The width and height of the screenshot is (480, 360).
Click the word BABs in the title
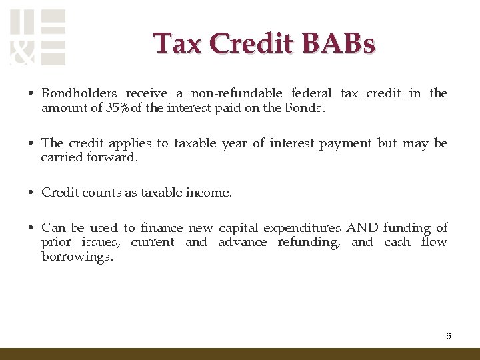pyautogui.click(x=339, y=43)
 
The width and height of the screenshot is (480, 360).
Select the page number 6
pyautogui.click(x=449, y=336)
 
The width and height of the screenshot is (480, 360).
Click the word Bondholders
pyautogui.click(x=79, y=93)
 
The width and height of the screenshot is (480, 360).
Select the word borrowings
pyautogui.click(x=77, y=257)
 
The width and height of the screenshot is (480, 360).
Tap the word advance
pyautogui.click(x=242, y=243)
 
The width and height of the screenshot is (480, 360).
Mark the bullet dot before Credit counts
pyautogui.click(x=31, y=193)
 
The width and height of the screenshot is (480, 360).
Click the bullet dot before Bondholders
pyautogui.click(x=31, y=94)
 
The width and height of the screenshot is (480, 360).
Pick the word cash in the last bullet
pyautogui.click(x=397, y=243)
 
